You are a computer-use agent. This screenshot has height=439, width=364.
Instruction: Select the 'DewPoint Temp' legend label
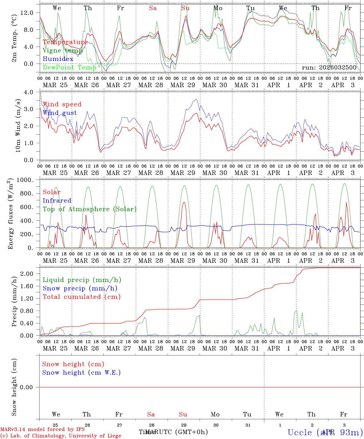70,67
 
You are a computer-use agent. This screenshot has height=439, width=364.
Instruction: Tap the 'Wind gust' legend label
60,113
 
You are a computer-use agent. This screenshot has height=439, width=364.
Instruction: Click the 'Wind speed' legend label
62,104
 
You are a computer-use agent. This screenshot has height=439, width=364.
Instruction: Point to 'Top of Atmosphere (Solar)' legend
90,209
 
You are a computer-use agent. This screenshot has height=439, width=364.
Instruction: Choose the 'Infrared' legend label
57,201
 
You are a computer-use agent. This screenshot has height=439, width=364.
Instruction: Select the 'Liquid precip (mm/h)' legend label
82,280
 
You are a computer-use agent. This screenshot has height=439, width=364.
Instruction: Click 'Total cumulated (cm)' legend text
82,297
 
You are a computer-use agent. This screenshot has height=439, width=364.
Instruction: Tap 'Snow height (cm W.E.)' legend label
81,373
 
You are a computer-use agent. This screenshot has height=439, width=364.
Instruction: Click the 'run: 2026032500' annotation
329,67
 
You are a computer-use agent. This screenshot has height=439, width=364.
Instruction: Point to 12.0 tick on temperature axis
27,13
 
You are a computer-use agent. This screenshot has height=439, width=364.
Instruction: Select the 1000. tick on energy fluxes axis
27,180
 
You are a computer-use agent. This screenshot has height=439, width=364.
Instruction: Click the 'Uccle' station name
300,432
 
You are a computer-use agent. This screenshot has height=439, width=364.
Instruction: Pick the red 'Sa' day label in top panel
153,8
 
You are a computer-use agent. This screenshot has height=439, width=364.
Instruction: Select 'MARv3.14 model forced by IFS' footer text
42,429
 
